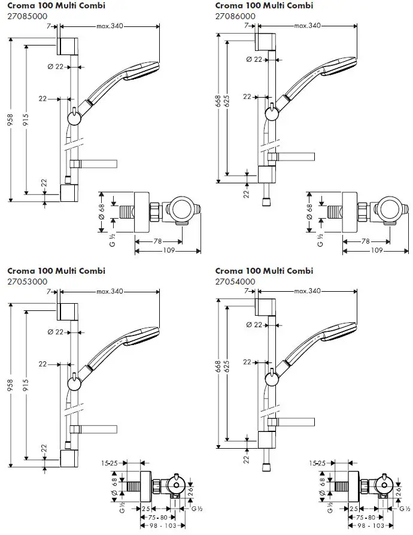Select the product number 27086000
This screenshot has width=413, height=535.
(235, 17)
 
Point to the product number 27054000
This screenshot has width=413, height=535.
(235, 282)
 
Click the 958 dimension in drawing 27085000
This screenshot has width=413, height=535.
(10, 120)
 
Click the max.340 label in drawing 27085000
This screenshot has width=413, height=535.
(110, 26)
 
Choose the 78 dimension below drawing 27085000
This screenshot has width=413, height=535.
(157, 241)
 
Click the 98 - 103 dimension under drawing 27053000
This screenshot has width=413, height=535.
(157, 525)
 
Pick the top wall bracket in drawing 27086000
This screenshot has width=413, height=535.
(267, 43)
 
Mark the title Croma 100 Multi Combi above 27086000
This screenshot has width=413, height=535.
(263, 5)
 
